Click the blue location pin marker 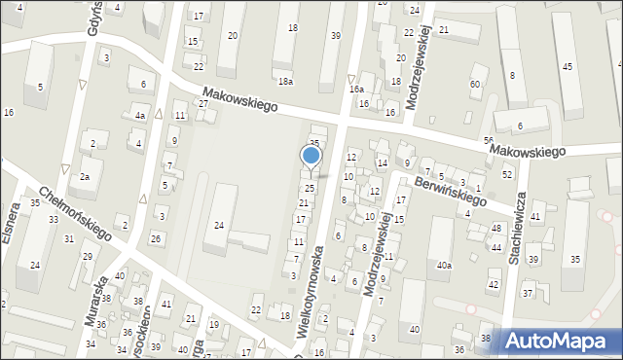pyautogui.click(x=311, y=156)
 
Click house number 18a pyautogui.click(x=285, y=81)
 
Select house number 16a pyautogui.click(x=357, y=89)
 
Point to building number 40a pyautogui.click(x=445, y=265)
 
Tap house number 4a pyautogui.click(x=140, y=116)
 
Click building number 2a pyautogui.click(x=85, y=176)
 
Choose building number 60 pyautogui.click(x=475, y=84)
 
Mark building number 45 pyautogui.click(x=567, y=65)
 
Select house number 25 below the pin pyautogui.click(x=310, y=188)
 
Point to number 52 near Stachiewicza pyautogui.click(x=507, y=173)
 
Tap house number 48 pyautogui.click(x=496, y=228)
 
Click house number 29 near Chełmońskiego pyautogui.click(x=87, y=256)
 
